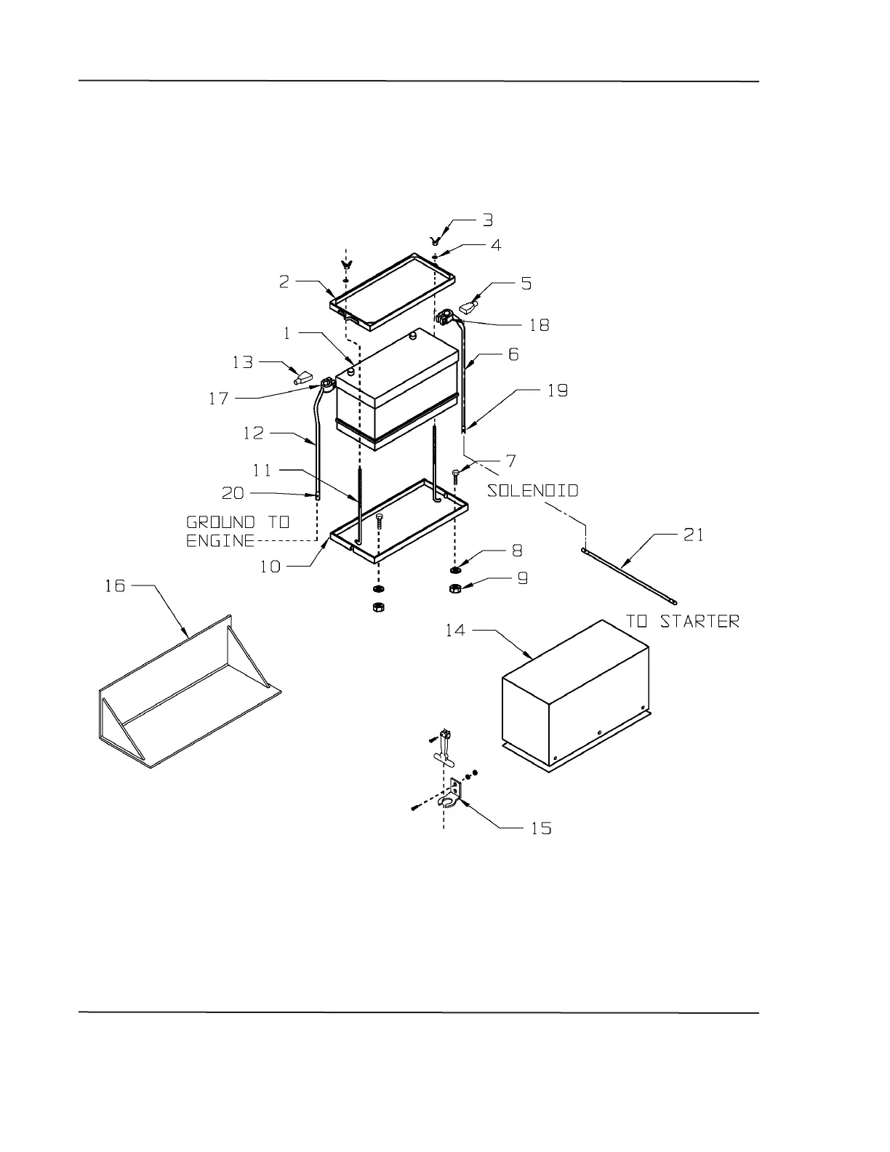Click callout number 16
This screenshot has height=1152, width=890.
(x=115, y=585)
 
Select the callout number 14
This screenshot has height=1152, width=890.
(x=455, y=630)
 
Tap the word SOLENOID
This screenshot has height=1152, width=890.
(x=533, y=491)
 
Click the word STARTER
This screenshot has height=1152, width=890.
(x=700, y=621)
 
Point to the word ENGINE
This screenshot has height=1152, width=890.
(x=220, y=541)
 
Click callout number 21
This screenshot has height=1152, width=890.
(x=693, y=535)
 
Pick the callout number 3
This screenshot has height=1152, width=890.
(x=488, y=220)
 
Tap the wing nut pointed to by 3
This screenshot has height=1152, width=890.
(x=436, y=239)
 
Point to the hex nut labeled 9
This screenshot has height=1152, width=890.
(x=454, y=588)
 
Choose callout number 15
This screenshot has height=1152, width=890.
(x=541, y=828)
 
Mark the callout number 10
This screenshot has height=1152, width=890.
(x=270, y=566)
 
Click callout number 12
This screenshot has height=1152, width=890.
(x=253, y=433)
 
